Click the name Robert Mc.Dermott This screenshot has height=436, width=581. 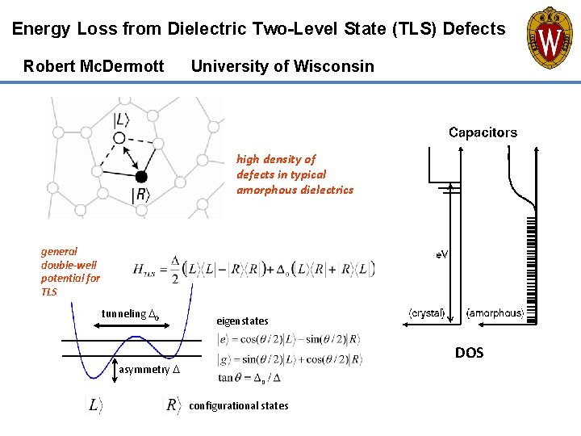tap(94, 66)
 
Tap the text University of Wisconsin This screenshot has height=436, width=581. tap(282, 66)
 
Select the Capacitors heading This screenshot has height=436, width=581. tap(483, 132)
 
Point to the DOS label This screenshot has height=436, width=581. tap(470, 353)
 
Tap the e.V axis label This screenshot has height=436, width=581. tap(442, 254)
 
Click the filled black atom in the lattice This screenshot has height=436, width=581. tap(141, 176)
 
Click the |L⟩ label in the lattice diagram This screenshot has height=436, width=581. tap(122, 119)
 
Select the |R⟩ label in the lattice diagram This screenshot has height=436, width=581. tap(140, 195)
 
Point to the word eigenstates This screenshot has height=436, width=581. tap(242, 321)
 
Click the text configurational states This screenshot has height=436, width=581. tap(238, 405)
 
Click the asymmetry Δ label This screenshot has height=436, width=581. tap(150, 371)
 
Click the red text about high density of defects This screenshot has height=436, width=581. tap(295, 174)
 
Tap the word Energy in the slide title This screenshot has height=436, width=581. tap(41, 30)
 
